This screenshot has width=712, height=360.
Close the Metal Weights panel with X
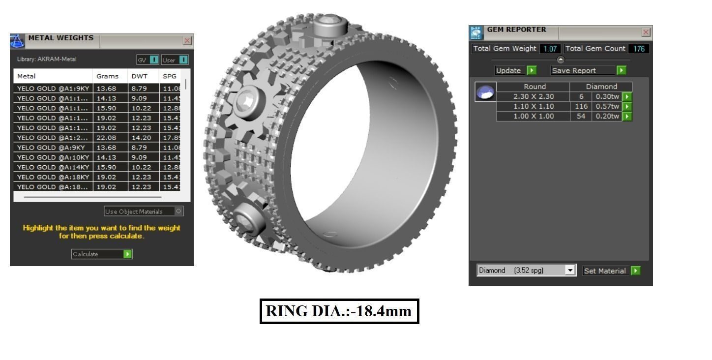click(187, 41)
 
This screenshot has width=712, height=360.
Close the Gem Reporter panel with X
click(646, 32)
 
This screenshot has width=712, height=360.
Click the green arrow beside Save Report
click(622, 70)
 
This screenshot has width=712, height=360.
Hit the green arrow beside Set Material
click(635, 270)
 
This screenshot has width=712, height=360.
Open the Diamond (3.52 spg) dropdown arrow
click(570, 270)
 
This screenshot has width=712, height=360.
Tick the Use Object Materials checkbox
click(178, 211)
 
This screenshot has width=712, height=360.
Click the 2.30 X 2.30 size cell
click(534, 96)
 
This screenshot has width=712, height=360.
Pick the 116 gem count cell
click(581, 106)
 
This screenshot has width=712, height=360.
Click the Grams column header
click(108, 76)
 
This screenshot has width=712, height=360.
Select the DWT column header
click(136, 76)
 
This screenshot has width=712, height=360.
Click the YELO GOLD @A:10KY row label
click(53, 157)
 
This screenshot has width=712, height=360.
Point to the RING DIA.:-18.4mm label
click(339, 311)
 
